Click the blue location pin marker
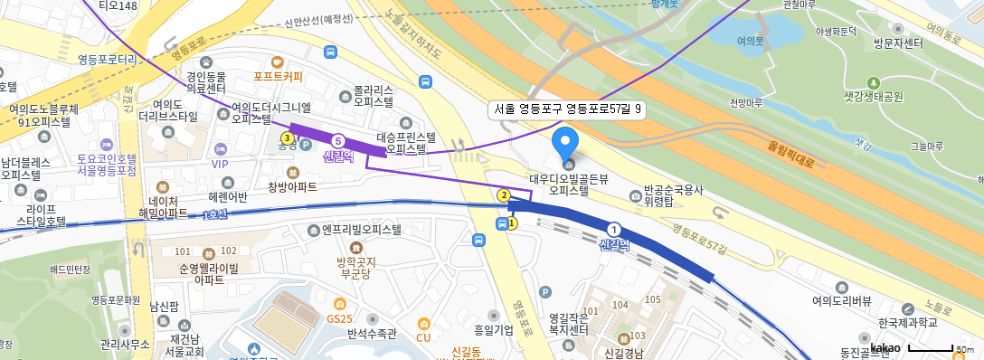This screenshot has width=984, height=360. pos(565,141)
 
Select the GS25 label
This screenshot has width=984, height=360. pos(339,318)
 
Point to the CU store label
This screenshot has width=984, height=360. pos(423,337)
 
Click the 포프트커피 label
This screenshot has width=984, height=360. pos(279,76)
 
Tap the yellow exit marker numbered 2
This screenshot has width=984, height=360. pos(504,194)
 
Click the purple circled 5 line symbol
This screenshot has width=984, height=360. pos(338,141)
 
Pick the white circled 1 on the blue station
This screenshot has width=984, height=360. pos(615,230)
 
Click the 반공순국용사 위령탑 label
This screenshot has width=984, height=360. pos(673,196)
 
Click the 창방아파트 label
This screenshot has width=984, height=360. pos(292,187)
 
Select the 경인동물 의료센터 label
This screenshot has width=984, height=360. pos(204,81)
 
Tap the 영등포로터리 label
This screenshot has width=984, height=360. pos(107,60)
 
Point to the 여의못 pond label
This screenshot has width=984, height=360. pos(751,41)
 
